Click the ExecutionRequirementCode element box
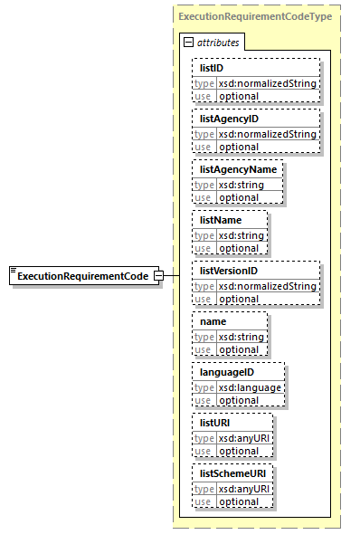tap(82, 275)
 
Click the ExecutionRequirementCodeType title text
tap(254, 16)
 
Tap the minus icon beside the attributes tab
tap(188, 42)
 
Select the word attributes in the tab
tap(216, 43)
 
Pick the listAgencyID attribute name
tap(230, 118)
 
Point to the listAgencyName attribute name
tap(238, 168)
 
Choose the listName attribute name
tap(221, 219)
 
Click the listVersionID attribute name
tap(230, 270)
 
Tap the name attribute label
tap(213, 320)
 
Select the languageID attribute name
tap(227, 371)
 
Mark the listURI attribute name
tap(216, 422)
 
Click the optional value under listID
tap(239, 96)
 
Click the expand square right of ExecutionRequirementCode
tap(158, 275)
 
